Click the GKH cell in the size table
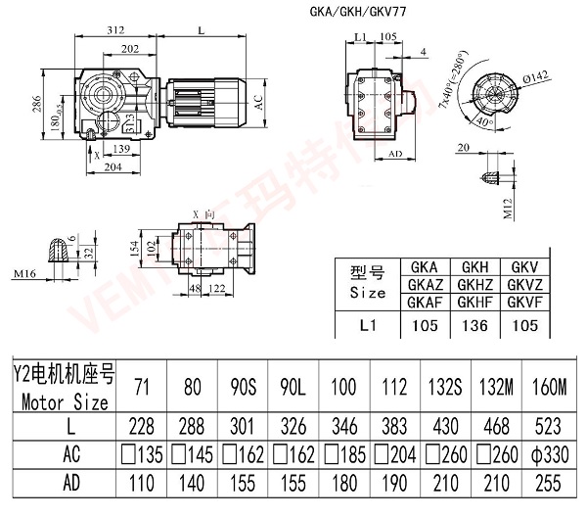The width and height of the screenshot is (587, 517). click(475, 266)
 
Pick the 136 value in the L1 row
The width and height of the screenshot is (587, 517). click(475, 323)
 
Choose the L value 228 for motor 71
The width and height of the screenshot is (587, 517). click(142, 426)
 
